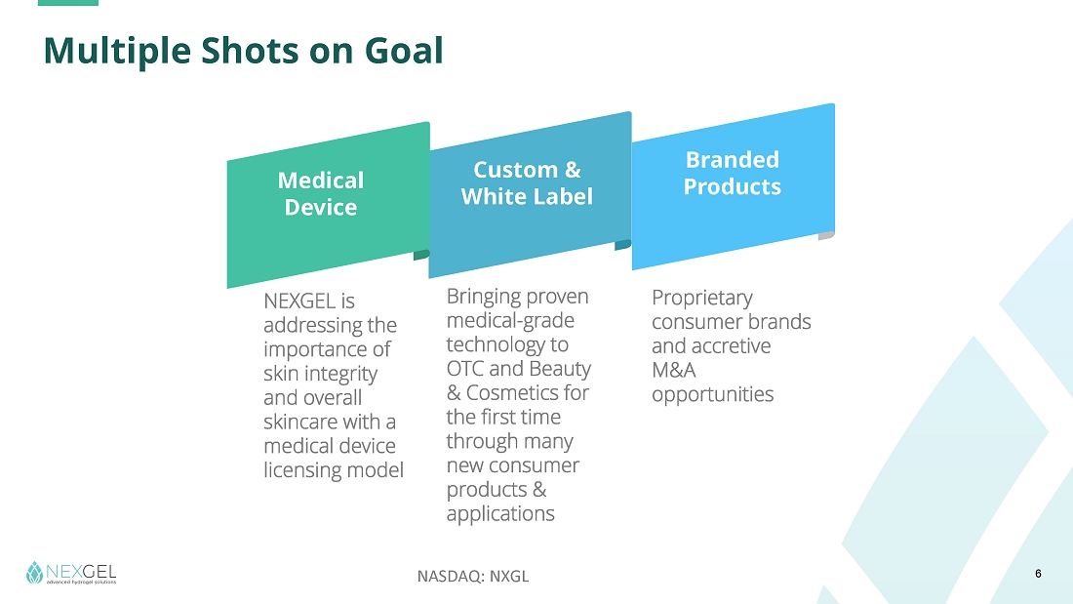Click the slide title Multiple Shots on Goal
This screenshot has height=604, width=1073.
pyautogui.click(x=244, y=51)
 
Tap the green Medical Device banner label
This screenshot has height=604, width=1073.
pyautogui.click(x=321, y=194)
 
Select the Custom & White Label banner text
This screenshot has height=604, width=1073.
pyautogui.click(x=527, y=182)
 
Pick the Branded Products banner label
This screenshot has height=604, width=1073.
pyautogui.click(x=733, y=173)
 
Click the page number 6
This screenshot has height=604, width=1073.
pyautogui.click(x=1038, y=574)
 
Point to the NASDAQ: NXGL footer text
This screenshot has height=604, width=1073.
pyautogui.click(x=473, y=576)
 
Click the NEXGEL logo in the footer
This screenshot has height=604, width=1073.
pyautogui.click(x=71, y=573)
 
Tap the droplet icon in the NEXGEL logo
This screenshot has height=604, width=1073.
pyautogui.click(x=34, y=573)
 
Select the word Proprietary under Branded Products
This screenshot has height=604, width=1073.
pyautogui.click(x=702, y=299)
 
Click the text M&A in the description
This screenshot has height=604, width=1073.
pyautogui.click(x=673, y=371)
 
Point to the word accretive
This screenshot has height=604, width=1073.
pyautogui.click(x=733, y=346)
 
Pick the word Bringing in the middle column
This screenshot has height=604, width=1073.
pyautogui.click(x=483, y=298)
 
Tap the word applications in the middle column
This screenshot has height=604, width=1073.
pyautogui.click(x=500, y=514)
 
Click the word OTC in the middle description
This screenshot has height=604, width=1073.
pyautogui.click(x=465, y=369)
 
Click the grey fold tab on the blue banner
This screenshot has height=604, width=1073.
pyautogui.click(x=826, y=235)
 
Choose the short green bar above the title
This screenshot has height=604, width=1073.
pyautogui.click(x=68, y=3)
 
